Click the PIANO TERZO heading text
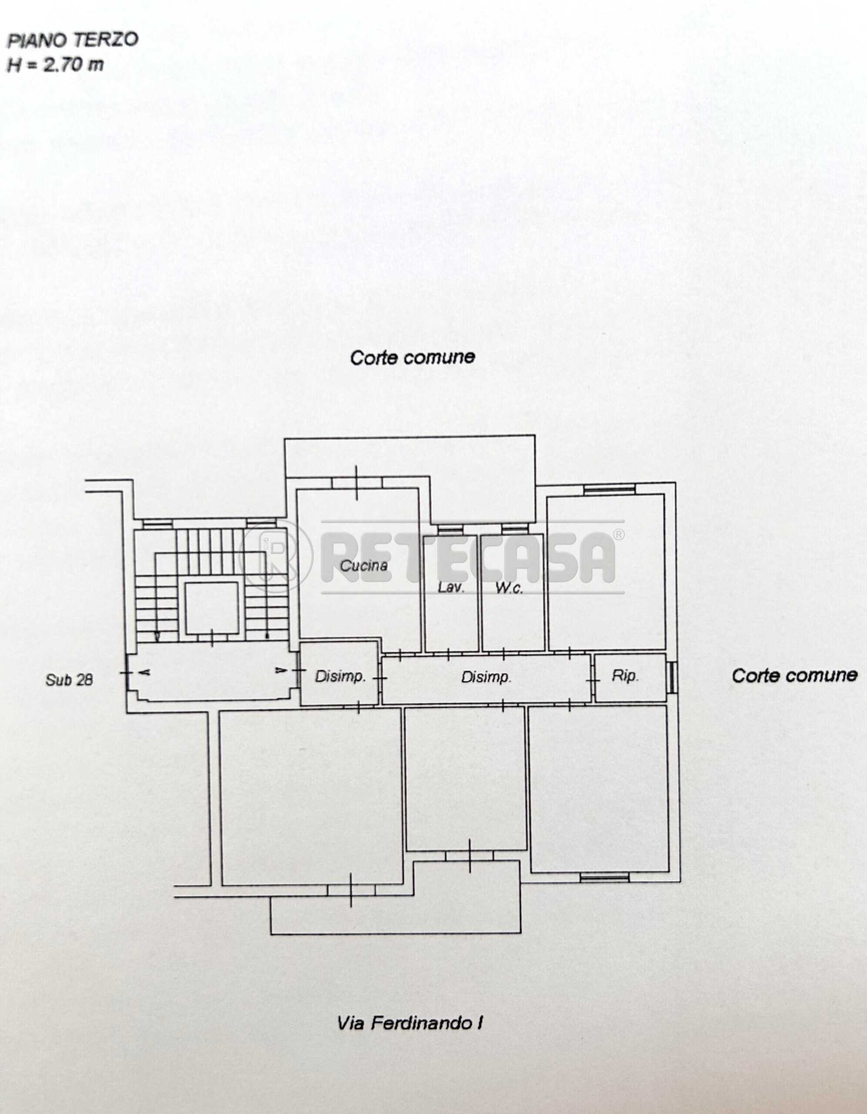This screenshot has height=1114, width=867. (72, 40)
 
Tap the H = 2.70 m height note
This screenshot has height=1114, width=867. (55, 65)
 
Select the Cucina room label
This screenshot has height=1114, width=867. (364, 565)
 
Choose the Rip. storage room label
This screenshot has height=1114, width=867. (625, 676)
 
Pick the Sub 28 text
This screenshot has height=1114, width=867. (69, 679)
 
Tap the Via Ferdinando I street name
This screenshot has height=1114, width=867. (409, 1023)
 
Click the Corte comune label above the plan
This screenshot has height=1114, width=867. (412, 357)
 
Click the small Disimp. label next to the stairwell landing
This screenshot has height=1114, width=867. (340, 676)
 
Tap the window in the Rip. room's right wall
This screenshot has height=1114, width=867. (672, 678)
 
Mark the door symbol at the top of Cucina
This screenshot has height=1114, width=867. (356, 483)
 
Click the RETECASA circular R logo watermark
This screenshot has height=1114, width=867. (275, 556)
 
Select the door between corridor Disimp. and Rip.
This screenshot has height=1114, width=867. (593, 680)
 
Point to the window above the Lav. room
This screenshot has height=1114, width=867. (450, 530)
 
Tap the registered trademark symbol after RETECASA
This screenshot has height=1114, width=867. (618, 534)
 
